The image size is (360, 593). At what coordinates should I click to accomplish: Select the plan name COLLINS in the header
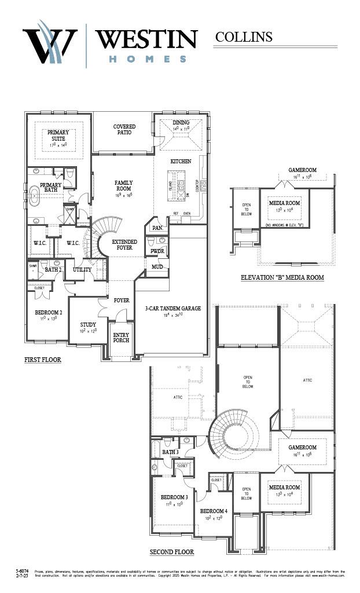244,37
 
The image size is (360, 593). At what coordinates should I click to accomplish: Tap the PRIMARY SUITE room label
58,136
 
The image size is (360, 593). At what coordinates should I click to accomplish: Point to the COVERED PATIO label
124,129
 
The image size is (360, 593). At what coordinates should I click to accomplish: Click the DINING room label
181,123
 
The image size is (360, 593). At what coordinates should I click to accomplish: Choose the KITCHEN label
180,161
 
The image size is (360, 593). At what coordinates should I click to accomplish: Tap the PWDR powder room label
157,251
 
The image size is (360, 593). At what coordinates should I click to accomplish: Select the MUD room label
157,266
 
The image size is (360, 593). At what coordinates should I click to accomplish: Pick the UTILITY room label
82,270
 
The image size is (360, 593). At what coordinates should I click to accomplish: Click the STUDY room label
88,325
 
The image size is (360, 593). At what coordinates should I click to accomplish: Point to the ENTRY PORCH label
121,337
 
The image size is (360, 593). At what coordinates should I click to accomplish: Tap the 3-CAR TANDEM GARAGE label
172,309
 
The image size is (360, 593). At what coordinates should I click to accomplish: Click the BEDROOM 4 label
214,511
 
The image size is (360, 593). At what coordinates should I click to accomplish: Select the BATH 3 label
170,452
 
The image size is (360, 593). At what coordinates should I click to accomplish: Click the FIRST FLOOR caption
42,360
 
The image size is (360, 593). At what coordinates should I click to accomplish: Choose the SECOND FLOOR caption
172,552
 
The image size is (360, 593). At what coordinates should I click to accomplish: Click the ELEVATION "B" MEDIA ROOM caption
282,278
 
